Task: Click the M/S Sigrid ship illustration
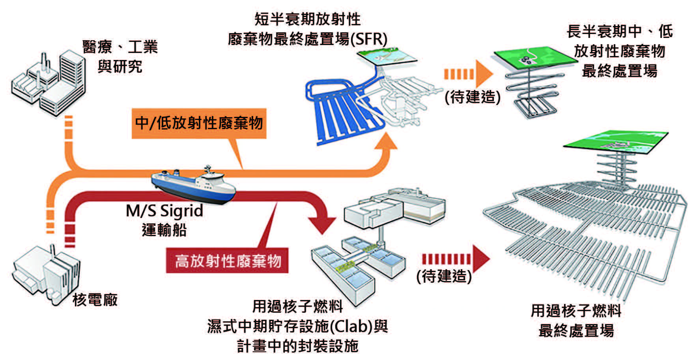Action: pyautogui.click(x=193, y=185)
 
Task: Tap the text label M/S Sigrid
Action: pyautogui.click(x=164, y=211)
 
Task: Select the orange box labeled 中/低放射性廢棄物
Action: pyautogui.click(x=199, y=123)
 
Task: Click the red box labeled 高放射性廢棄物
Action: pyautogui.click(x=227, y=261)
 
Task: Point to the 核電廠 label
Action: pyautogui.click(x=95, y=300)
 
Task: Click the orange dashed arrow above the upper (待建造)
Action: pyautogui.click(x=469, y=74)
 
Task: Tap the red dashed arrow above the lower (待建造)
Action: pyautogui.click(x=456, y=259)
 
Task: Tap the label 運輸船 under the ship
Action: pyautogui.click(x=164, y=230)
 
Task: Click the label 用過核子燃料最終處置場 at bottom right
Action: pyautogui.click(x=576, y=321)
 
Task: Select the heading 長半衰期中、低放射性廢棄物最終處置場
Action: pyautogui.click(x=619, y=51)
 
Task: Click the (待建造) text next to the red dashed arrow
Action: pyautogui.click(x=444, y=276)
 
